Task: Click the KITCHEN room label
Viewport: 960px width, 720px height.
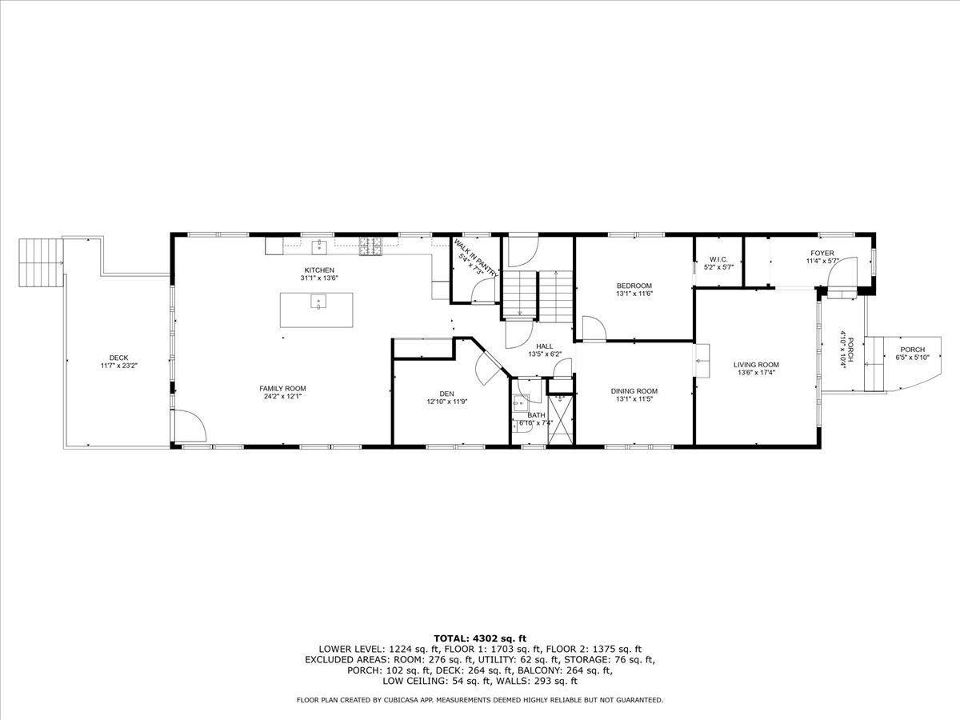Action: click(x=318, y=270)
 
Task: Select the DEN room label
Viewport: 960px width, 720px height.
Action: click(x=446, y=393)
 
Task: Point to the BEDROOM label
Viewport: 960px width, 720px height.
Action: click(x=634, y=286)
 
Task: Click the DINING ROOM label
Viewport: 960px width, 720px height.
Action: click(x=634, y=390)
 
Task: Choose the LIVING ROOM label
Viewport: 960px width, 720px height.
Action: click(x=756, y=364)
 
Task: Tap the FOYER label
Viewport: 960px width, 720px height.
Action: click(x=822, y=253)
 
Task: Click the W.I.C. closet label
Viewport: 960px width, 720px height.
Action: click(x=717, y=259)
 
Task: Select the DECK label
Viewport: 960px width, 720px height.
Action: click(x=118, y=358)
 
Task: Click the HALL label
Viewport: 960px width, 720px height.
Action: click(x=545, y=346)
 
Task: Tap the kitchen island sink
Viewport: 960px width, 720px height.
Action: click(x=318, y=302)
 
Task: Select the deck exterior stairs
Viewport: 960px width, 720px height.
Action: click(x=41, y=263)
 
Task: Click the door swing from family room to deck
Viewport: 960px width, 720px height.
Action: click(x=190, y=425)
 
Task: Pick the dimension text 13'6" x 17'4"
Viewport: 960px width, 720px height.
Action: click(x=756, y=372)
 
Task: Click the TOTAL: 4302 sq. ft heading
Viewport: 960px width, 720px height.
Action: click(x=479, y=638)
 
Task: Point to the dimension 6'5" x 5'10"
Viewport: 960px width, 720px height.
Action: click(x=912, y=358)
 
